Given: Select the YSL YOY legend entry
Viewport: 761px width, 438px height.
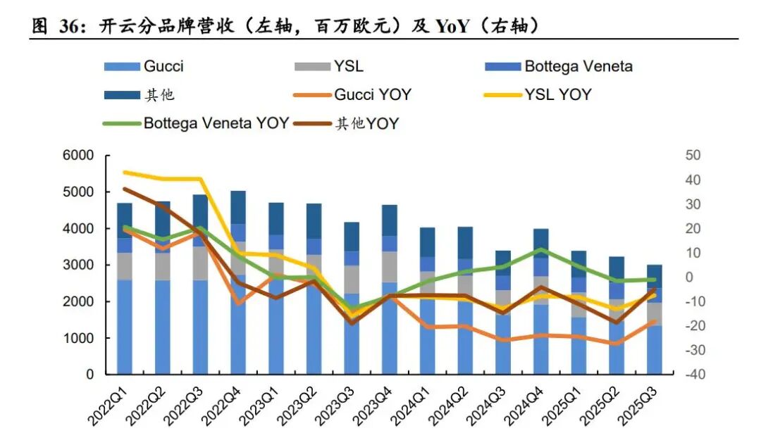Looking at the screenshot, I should tap(557, 94).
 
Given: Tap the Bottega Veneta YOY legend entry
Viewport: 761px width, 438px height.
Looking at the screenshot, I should tap(216, 123).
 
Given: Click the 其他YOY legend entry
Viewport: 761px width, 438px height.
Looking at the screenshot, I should tap(366, 124).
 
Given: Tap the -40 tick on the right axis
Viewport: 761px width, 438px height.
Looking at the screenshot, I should tap(691, 375).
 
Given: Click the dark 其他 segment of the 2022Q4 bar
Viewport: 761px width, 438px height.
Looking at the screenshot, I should tap(238, 207).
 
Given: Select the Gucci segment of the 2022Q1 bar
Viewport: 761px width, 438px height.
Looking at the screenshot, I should tap(125, 324).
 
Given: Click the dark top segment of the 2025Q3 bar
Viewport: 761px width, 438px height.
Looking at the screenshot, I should tap(654, 276).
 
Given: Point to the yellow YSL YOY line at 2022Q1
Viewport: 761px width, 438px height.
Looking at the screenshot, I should tap(125, 172).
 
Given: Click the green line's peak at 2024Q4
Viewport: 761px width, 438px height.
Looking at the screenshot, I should tap(540, 249).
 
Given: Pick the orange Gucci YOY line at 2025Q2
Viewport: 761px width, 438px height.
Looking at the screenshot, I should tap(616, 344).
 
